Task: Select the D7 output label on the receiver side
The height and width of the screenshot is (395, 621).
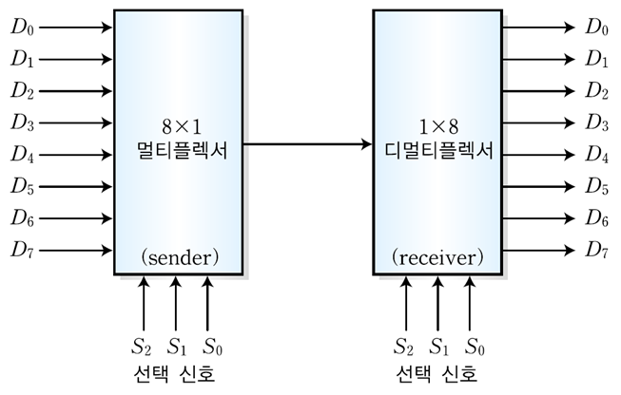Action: [597, 251]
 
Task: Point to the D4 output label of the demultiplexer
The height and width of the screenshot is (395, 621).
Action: [597, 154]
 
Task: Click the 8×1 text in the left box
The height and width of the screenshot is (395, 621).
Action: [179, 124]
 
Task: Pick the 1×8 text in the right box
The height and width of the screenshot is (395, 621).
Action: [437, 124]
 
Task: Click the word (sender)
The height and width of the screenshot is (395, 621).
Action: [179, 256]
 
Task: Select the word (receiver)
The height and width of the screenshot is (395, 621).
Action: [437, 256]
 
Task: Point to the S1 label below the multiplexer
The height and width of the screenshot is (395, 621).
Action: [176, 344]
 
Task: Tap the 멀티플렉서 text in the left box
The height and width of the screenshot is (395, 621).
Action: [179, 149]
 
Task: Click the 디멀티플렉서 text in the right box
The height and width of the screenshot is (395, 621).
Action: [437, 149]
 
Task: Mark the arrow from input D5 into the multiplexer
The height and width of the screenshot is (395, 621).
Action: [76, 186]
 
